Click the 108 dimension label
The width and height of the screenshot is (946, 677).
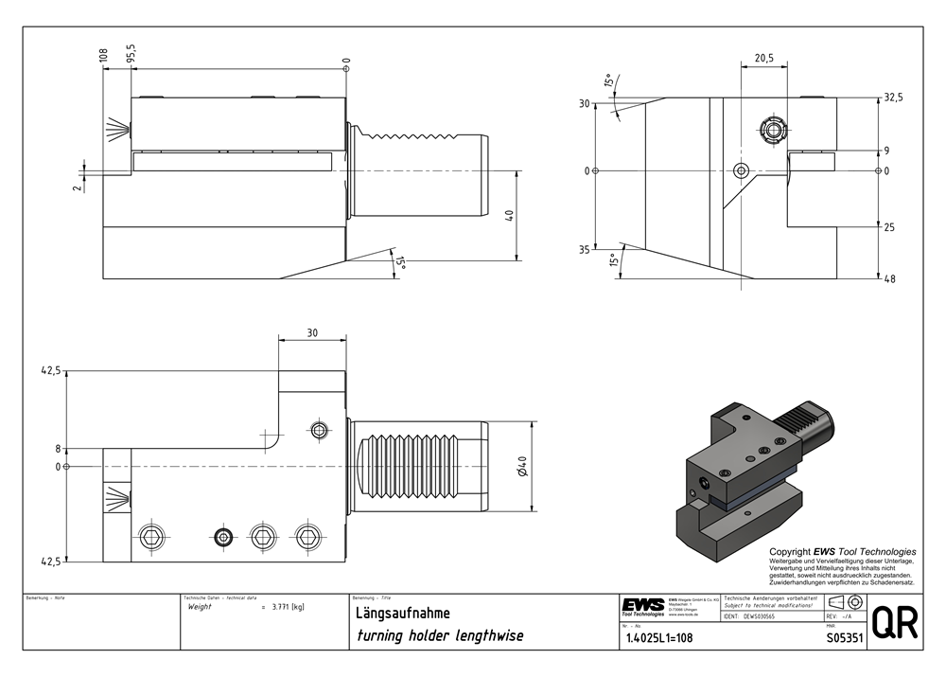[104, 55]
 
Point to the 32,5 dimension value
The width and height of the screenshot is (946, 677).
[892, 98]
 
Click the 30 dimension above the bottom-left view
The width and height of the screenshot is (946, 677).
[312, 331]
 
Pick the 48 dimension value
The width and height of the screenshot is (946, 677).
[889, 279]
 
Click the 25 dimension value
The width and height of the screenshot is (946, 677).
[889, 228]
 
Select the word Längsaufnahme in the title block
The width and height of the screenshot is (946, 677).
[396, 613]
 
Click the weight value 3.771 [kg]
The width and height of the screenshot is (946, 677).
[287, 607]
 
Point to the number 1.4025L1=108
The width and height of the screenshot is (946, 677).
[659, 638]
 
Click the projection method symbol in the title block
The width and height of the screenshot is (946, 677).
[844, 602]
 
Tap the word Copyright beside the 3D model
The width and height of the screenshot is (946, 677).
[792, 552]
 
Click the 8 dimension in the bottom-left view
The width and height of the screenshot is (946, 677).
[58, 449]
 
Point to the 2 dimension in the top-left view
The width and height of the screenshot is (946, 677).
[78, 187]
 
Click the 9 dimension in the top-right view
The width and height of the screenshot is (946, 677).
[886, 151]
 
